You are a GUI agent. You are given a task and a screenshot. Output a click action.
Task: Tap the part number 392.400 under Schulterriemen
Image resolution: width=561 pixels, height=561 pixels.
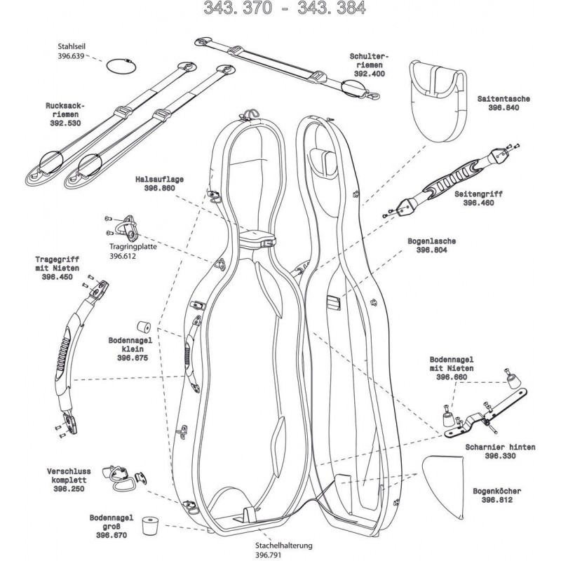370,73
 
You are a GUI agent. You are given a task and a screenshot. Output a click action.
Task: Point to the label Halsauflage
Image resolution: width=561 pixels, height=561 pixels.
159,180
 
